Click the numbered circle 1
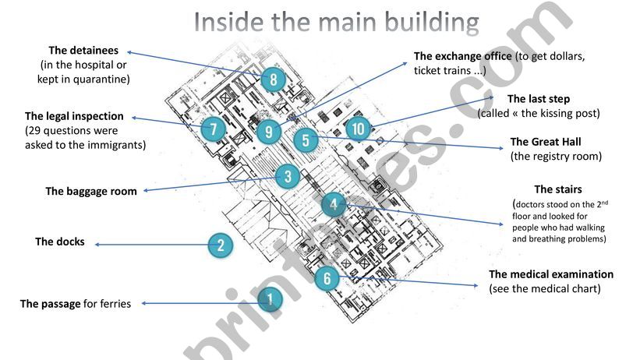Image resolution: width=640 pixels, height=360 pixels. pos(270,299)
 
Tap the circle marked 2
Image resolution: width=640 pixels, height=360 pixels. pos(221,246)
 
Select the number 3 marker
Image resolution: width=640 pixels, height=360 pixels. pos(288,177)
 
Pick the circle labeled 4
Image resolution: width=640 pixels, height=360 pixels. pos(334,206)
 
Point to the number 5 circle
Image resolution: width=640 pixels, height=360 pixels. pos(306,141)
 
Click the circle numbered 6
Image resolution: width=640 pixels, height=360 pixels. pos(327,279)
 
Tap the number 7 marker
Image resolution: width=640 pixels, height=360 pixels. pos(213,129)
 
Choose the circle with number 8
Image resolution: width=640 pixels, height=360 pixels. pos(273,79)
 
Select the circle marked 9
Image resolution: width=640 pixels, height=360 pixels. pos(268,132)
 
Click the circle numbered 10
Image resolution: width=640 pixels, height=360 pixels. pos(357,129)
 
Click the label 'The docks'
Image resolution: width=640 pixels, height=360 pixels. pos(60,242)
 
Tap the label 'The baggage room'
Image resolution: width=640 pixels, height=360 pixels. pos(91,191)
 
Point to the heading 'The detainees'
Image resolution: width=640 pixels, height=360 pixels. pos(83,51)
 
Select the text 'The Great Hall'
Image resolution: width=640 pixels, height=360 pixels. pos(546,142)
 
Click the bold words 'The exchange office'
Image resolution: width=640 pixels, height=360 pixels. pos(463,56)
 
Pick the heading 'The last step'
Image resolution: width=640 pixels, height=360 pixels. pos(539,99)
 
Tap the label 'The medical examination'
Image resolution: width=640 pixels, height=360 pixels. pos(551,274)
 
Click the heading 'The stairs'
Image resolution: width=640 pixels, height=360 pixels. pos(558,189)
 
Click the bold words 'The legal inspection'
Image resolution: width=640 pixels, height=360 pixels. pos(74,116)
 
